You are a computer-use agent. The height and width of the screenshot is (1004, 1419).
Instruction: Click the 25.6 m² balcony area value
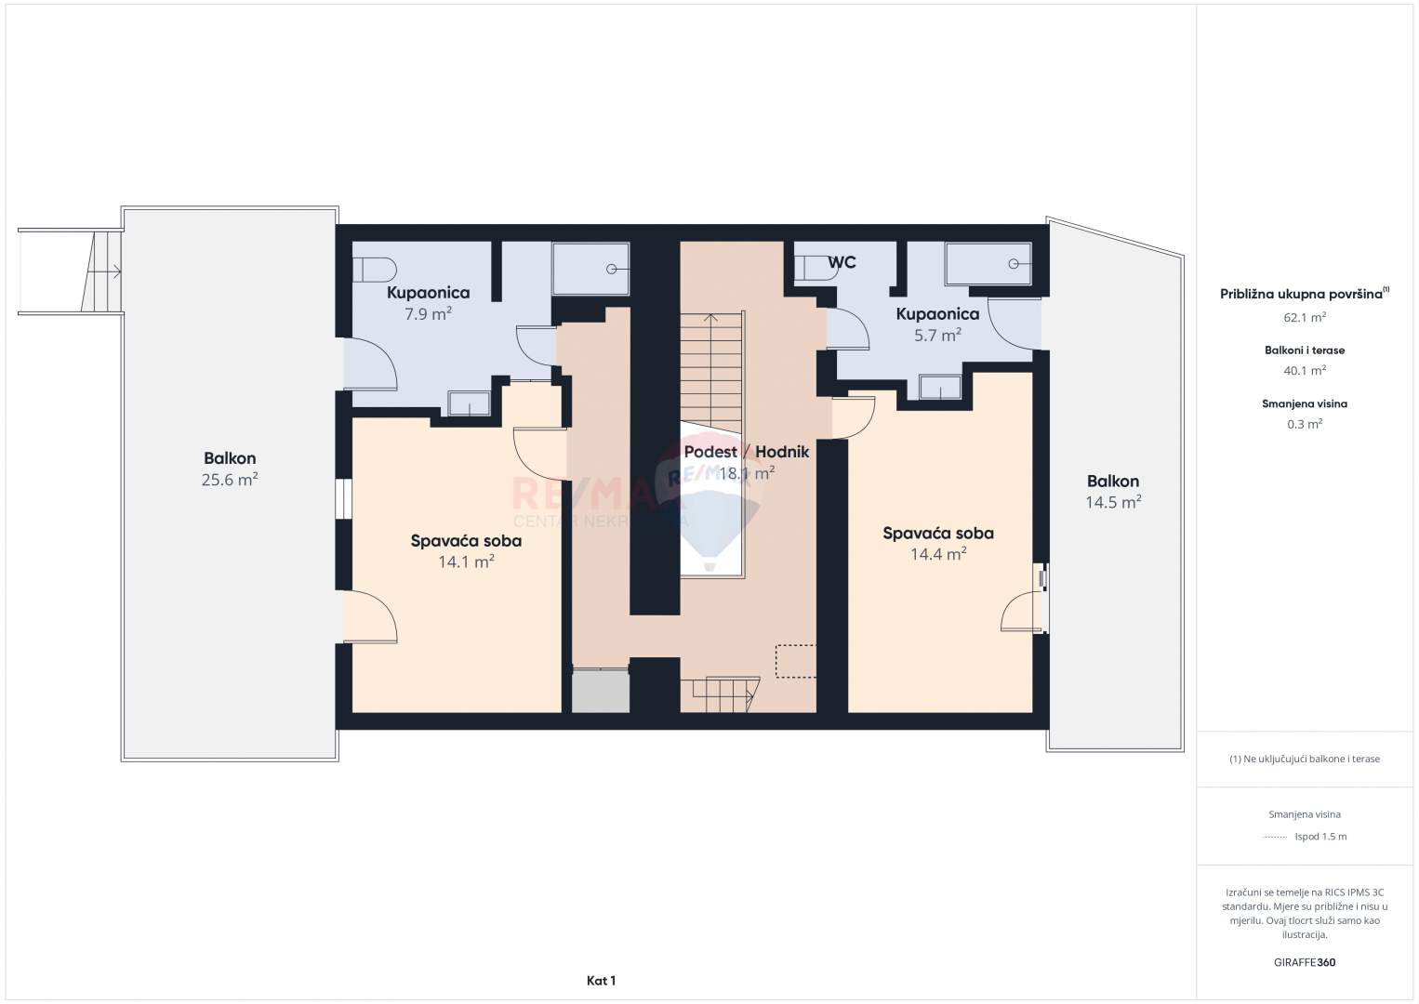pyautogui.click(x=230, y=480)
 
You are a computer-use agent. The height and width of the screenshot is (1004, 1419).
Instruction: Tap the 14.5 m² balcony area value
pyautogui.click(x=1113, y=502)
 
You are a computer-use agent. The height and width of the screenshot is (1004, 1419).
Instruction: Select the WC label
pyautogui.click(x=842, y=262)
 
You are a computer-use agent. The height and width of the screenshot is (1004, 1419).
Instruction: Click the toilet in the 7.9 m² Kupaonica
pyautogui.click(x=374, y=270)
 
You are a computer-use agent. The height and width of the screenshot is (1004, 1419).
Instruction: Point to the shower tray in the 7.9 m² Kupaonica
pyautogui.click(x=590, y=269)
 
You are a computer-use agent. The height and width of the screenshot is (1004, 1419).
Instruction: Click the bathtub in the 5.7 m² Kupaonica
pyautogui.click(x=988, y=263)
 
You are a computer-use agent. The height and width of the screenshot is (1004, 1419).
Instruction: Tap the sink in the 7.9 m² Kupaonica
pyautogui.click(x=469, y=403)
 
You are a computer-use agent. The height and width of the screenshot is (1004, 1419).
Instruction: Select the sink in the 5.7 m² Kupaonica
pyautogui.click(x=940, y=387)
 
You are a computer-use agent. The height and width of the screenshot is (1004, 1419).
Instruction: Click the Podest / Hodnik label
pyautogui.click(x=747, y=452)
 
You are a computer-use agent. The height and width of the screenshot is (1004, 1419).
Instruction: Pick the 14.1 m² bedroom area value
pyautogui.click(x=466, y=561)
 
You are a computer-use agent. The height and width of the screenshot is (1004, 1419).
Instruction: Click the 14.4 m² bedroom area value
pyautogui.click(x=938, y=554)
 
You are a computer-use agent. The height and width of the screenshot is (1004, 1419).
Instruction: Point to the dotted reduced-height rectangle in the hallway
pyautogui.click(x=796, y=661)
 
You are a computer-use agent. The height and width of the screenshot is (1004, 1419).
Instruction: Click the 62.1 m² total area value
pyautogui.click(x=1305, y=317)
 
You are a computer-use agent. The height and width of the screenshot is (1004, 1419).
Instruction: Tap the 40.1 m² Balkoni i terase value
pyautogui.click(x=1305, y=371)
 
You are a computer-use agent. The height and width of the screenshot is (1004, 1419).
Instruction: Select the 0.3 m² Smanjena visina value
pyautogui.click(x=1305, y=424)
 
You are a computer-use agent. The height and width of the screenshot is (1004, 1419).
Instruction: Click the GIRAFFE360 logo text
pyautogui.click(x=1305, y=962)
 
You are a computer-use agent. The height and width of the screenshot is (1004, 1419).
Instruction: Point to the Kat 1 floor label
pyautogui.click(x=602, y=981)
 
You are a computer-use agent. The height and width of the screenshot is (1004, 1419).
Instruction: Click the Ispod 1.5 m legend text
pyautogui.click(x=1320, y=836)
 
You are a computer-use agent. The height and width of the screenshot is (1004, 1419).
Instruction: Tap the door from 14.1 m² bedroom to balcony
pyautogui.click(x=371, y=617)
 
